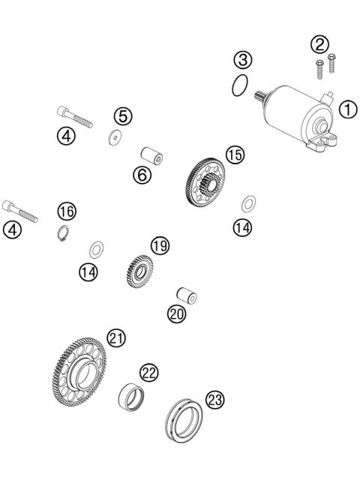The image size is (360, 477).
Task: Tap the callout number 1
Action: click(346, 109)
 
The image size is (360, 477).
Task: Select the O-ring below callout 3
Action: click(239, 85)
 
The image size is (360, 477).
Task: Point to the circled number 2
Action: click(319, 43)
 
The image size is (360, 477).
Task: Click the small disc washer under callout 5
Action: click(115, 136)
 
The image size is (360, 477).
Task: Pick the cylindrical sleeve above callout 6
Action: click(154, 154)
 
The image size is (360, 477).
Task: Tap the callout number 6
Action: click(142, 175)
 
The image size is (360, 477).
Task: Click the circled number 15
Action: click(235, 155)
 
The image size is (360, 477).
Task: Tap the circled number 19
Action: click(158, 246)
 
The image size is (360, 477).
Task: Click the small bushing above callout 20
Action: click(186, 295)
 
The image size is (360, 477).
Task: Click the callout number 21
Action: click(115, 337)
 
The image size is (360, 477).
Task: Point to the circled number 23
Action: click(215, 400)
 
